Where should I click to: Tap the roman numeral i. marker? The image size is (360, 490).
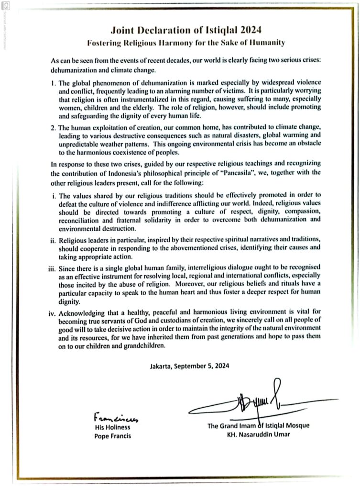pyautogui.click(x=54, y=195)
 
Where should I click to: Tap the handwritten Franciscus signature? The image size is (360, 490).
pyautogui.click(x=111, y=418)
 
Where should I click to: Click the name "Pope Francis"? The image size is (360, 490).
pyautogui.click(x=112, y=436)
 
